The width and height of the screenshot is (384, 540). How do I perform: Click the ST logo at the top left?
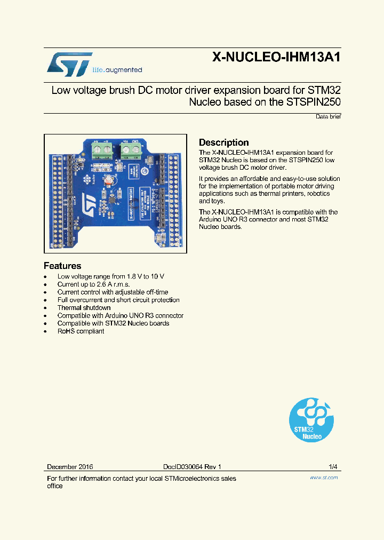click(70, 63)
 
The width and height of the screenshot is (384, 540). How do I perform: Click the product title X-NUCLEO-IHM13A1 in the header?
click(276, 58)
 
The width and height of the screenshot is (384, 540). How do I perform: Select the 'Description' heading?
click(224, 142)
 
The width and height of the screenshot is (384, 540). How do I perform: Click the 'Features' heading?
click(62, 266)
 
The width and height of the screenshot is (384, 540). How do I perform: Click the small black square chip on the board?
click(112, 199)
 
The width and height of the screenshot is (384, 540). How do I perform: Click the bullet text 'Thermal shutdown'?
click(84, 307)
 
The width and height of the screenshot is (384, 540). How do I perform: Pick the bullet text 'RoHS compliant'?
click(81, 331)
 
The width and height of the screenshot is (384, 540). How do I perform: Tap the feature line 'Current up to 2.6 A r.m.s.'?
click(94, 284)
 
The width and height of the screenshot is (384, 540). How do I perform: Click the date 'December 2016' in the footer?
click(70, 466)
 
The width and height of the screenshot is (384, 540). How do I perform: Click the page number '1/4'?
click(333, 466)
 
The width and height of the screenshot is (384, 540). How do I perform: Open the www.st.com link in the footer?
click(324, 478)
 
